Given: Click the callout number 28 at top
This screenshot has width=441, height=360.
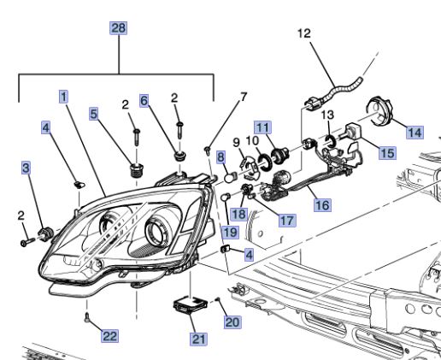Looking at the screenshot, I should [x=118, y=28].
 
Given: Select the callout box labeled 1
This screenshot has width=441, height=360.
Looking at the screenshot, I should [x=63, y=96].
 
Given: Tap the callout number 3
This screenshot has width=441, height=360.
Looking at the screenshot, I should [x=26, y=168].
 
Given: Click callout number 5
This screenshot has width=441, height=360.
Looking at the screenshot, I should [x=93, y=113].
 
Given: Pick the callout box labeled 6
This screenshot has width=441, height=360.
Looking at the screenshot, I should [x=144, y=101].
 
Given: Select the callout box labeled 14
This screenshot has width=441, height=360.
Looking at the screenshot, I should [x=415, y=132].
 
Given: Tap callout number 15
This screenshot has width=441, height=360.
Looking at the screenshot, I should [x=387, y=153].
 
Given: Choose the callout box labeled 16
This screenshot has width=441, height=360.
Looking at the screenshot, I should [x=321, y=205].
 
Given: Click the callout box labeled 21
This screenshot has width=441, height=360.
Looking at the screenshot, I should [x=198, y=339].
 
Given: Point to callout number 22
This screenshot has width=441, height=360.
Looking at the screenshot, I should [x=109, y=336].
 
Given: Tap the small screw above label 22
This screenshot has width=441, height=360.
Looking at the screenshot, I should [x=88, y=317].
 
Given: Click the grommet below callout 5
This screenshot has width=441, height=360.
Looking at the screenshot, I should [x=134, y=168].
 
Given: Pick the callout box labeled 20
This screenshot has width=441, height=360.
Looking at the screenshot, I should [x=232, y=322].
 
